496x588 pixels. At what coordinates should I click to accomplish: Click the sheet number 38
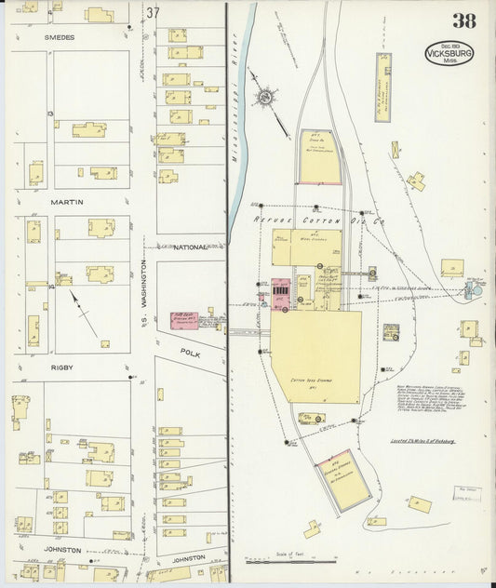click(463, 21)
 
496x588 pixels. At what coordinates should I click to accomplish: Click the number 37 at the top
click(153, 12)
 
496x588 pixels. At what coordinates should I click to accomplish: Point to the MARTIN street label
click(67, 202)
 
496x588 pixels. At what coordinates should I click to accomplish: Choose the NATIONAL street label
click(190, 247)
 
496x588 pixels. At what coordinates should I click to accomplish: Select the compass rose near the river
click(266, 97)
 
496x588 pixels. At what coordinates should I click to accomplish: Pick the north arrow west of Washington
click(84, 312)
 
